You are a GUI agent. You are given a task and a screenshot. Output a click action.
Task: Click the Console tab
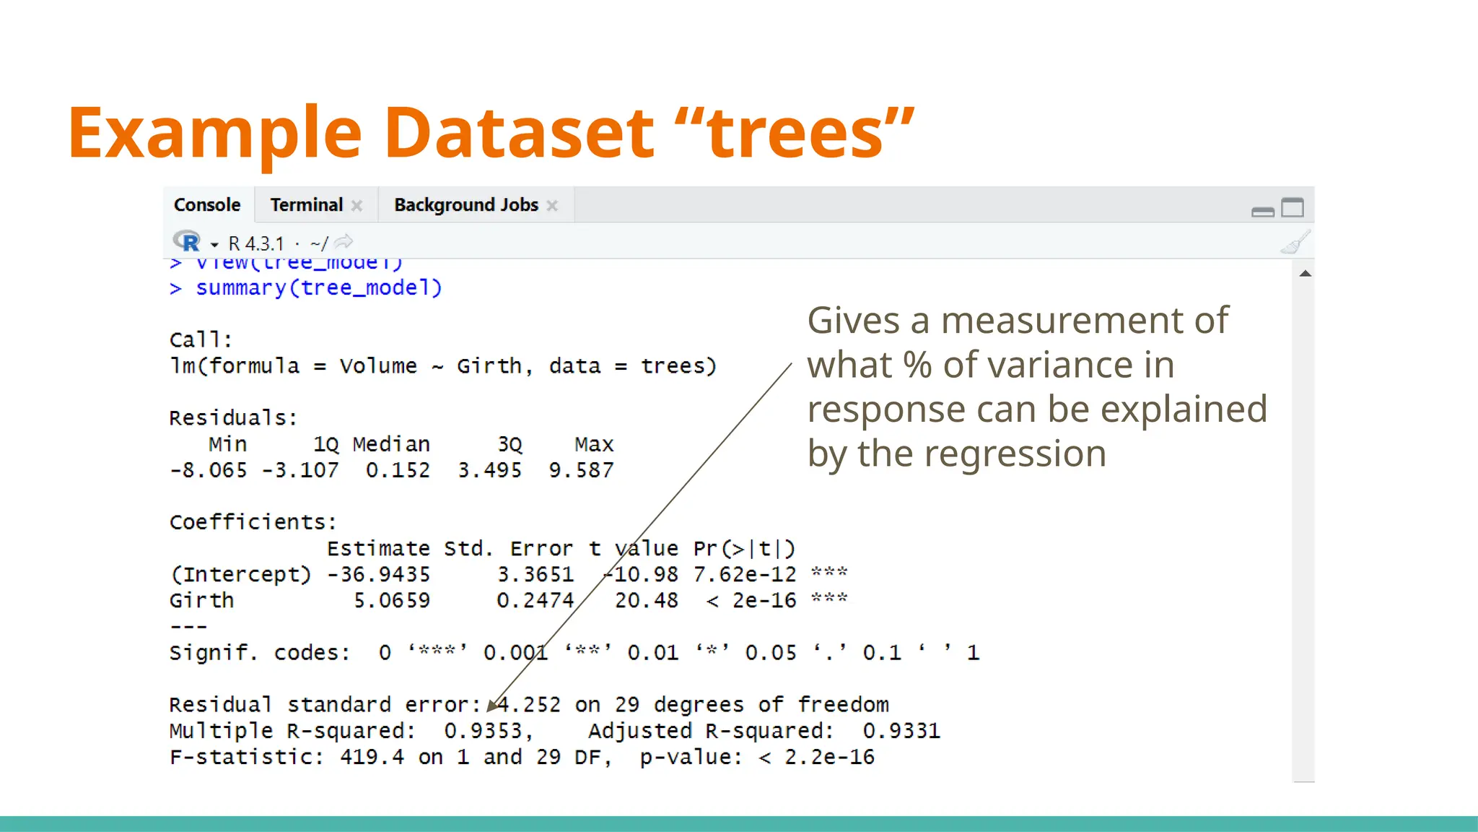207,205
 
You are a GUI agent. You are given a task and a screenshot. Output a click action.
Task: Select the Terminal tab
307,205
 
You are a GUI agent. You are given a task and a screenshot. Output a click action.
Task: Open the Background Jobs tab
465,205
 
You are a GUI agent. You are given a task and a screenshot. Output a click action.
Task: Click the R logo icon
186,241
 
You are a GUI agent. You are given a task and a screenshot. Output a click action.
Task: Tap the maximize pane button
1293,208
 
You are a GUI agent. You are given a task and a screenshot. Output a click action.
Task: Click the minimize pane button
1263,211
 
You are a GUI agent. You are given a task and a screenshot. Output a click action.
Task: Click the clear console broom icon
1295,243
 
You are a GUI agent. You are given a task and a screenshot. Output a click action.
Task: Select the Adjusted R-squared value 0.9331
901,731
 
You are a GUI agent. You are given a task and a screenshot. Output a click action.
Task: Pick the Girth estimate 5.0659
391,600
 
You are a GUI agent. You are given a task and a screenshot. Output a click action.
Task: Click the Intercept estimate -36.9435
378,574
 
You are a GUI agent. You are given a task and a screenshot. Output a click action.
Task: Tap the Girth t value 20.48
646,600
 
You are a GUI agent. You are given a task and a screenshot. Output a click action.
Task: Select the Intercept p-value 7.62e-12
745,574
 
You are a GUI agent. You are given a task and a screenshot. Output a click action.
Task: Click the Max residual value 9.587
581,470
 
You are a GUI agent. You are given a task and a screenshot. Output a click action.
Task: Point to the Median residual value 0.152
398,470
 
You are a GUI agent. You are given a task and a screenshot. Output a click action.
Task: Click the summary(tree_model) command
318,288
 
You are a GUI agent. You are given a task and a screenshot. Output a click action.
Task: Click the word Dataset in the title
519,133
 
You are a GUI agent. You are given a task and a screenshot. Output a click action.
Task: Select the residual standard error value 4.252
528,705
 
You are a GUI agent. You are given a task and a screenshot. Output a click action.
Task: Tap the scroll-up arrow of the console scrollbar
1305,274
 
